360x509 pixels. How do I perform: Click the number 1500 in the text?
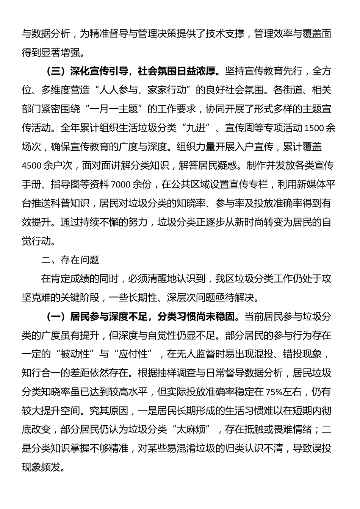(x=315, y=128)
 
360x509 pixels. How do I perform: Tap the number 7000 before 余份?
(x=121, y=184)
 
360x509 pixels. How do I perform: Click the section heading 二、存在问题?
(x=70, y=260)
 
